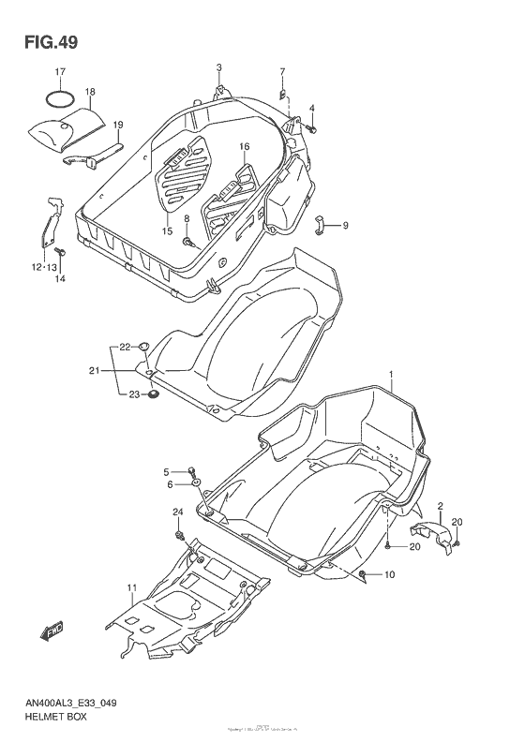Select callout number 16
point(244,146)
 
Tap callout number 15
point(167,231)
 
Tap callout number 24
point(177,511)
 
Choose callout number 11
point(132,587)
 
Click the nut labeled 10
point(363,573)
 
